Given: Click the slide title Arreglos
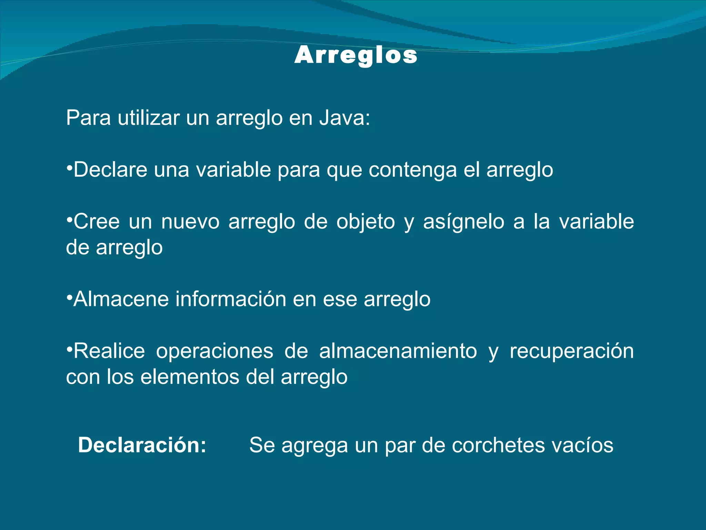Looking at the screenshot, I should tap(356, 55).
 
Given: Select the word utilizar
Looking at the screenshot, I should tap(149, 118).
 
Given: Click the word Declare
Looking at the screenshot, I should tap(110, 170).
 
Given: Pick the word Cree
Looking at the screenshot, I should tap(97, 222).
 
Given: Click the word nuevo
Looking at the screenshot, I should tap(190, 222).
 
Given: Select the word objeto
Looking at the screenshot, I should tap(365, 222).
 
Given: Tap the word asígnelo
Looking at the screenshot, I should tap(464, 222).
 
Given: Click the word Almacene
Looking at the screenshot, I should tap(121, 299).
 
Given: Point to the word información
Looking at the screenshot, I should tap(231, 299).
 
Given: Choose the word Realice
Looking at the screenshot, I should tap(109, 351).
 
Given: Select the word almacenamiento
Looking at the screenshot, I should tap(398, 351).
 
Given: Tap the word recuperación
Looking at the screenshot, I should tap(572, 352).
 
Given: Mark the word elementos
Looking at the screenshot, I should tap(190, 377).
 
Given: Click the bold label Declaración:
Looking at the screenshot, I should tap(142, 445).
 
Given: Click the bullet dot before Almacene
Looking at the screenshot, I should tap(69, 296).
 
